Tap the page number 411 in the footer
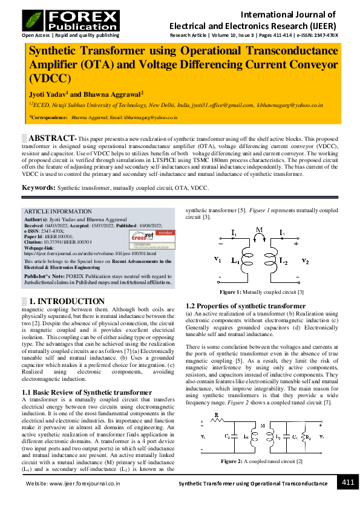[x=348, y=482]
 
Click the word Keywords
[x=39, y=188]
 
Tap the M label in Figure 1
[x=259, y=230]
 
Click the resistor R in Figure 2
[x=217, y=417]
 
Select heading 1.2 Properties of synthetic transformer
[x=237, y=306]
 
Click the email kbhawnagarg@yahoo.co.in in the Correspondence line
[x=151, y=117]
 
